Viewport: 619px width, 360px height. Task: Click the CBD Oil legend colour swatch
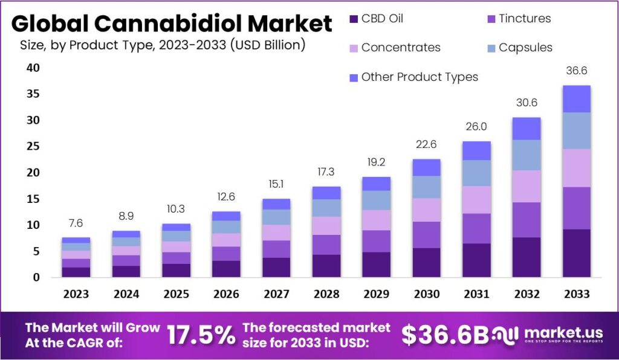pos(354,19)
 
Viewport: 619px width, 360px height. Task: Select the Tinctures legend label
pos(524,19)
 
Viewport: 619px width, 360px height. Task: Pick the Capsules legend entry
pos(525,47)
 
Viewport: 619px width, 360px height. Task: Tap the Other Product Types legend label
pos(420,77)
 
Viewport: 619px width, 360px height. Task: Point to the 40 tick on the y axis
pos(33,68)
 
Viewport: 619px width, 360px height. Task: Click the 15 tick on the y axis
pos(33,199)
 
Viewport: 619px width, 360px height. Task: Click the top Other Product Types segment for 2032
pos(526,129)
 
